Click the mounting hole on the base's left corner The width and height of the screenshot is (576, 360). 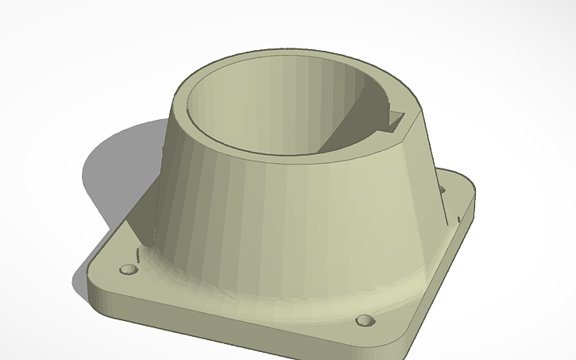(127, 270)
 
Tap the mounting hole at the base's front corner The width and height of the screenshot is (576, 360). (365, 320)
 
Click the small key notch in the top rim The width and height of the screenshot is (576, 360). (395, 121)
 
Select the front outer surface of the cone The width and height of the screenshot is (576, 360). (286, 223)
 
